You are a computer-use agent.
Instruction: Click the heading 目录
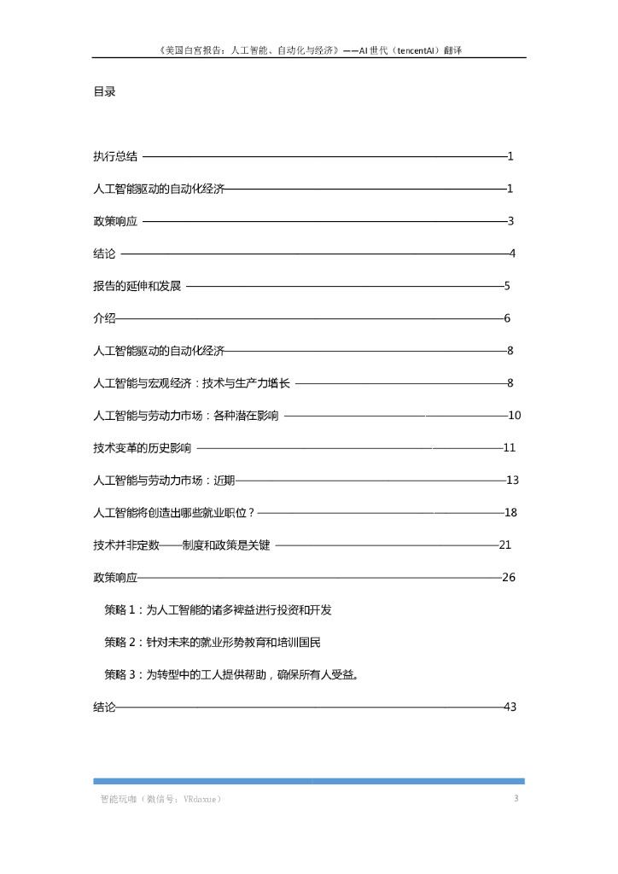coord(104,92)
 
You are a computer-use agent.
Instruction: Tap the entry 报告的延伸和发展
coord(137,286)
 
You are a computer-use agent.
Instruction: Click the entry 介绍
coord(104,318)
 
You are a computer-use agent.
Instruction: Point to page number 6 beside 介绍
coord(507,318)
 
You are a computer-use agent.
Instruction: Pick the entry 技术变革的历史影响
coord(143,448)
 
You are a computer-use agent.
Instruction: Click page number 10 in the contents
coord(515,416)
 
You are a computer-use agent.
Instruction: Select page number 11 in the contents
coord(510,448)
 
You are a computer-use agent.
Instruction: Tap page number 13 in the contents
coord(513,481)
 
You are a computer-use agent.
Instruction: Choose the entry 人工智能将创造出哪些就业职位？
coord(174,513)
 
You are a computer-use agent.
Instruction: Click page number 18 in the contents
coord(511,513)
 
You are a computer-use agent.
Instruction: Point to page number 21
coord(504,545)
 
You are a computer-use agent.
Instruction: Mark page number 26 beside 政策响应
coord(509,578)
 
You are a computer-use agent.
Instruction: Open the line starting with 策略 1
coord(218,610)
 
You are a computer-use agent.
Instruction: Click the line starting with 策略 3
coord(231,674)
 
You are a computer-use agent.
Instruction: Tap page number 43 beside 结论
coord(511,707)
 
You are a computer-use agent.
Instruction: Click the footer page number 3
coord(516,799)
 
